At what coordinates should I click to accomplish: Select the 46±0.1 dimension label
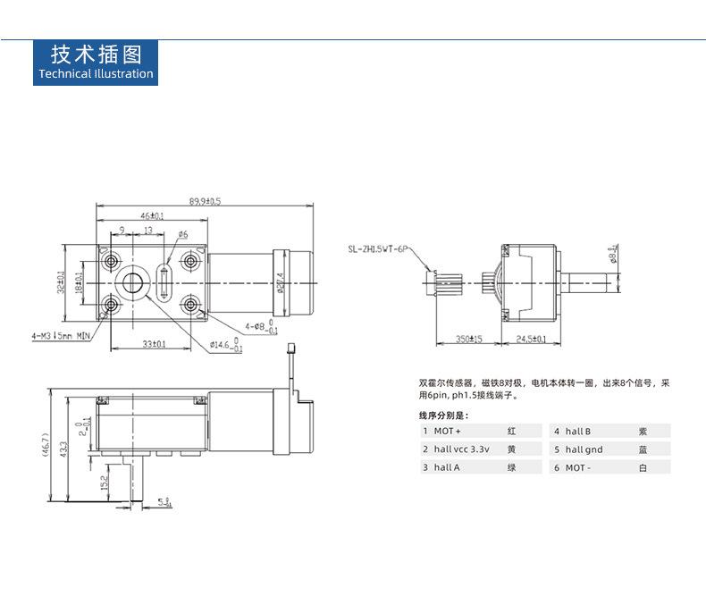point(152,215)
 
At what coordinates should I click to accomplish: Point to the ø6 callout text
point(182,234)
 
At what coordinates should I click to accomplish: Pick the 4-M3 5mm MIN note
point(60,336)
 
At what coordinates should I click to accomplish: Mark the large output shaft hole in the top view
point(134,283)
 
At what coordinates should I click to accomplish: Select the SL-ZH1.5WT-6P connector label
point(378,249)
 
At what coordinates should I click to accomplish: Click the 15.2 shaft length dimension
point(105,483)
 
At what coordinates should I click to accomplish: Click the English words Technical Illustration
point(97,74)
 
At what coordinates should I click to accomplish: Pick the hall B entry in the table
point(577,431)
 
